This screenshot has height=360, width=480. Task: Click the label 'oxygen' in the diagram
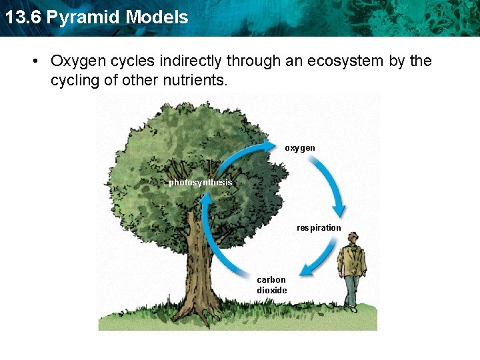click(x=300, y=147)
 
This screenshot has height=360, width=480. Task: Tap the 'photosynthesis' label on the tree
click(x=200, y=183)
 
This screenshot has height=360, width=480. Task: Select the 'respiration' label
click(x=319, y=228)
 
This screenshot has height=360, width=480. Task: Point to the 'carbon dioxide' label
click(x=272, y=285)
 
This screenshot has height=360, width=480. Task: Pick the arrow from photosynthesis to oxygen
click(x=243, y=155)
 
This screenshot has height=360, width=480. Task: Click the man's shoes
click(x=351, y=307)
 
